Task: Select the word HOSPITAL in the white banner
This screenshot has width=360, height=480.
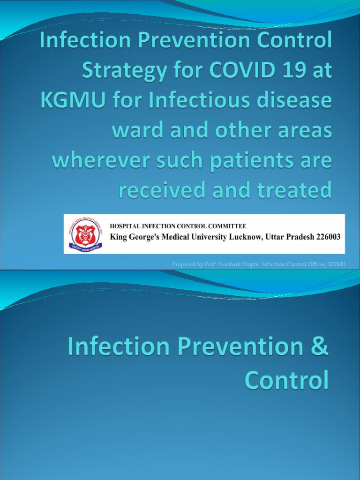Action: point(126,226)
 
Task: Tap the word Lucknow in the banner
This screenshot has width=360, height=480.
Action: point(246,237)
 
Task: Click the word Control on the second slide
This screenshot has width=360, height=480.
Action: point(286,381)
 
